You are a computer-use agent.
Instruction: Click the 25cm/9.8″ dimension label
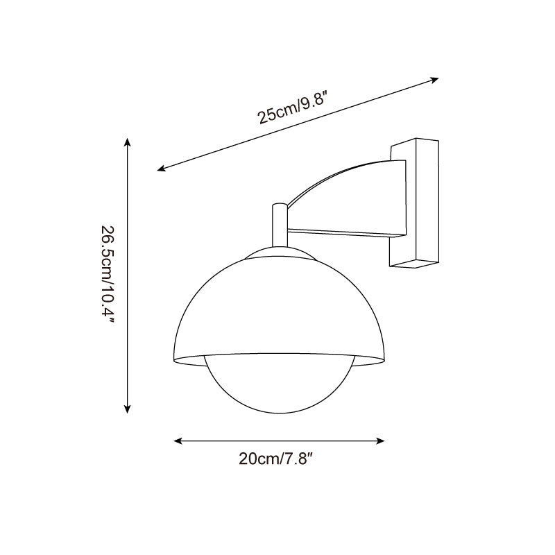292,110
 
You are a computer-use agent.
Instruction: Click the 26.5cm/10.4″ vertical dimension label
108,276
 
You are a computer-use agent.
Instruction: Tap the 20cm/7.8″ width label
280,459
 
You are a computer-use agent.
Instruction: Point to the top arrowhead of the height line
127,142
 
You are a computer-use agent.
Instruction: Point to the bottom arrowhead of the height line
127,409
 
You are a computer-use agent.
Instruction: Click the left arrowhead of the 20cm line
178,441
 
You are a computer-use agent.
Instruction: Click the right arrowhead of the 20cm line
380,441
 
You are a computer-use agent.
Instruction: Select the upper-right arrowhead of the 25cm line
435,79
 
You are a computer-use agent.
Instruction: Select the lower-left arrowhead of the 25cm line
161,168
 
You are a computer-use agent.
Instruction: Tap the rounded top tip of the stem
279,205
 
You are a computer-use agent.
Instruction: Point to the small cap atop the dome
279,253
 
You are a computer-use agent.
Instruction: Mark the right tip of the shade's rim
386,359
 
